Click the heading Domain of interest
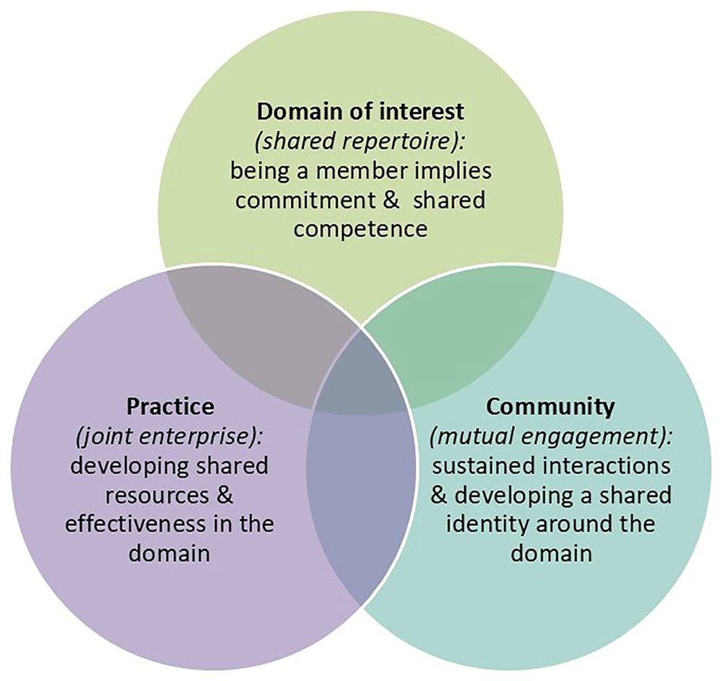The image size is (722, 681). [359, 113]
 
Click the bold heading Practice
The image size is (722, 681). [170, 406]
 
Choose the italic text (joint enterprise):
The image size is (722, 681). [170, 436]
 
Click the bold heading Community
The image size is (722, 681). [550, 406]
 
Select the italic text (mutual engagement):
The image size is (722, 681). [551, 436]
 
